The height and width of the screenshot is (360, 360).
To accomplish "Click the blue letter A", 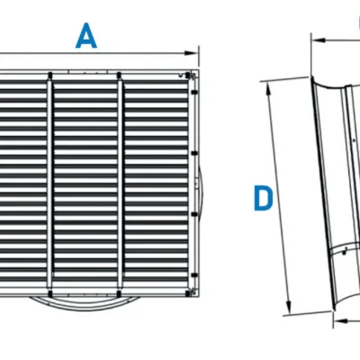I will (86, 35).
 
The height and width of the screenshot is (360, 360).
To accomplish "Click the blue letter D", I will (262, 199).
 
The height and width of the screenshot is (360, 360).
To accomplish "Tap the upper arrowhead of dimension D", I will (269, 83).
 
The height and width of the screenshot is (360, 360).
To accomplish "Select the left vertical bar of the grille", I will (52, 180).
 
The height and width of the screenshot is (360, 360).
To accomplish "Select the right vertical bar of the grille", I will (119, 180).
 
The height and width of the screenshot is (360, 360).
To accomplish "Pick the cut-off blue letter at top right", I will (354, 22).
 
